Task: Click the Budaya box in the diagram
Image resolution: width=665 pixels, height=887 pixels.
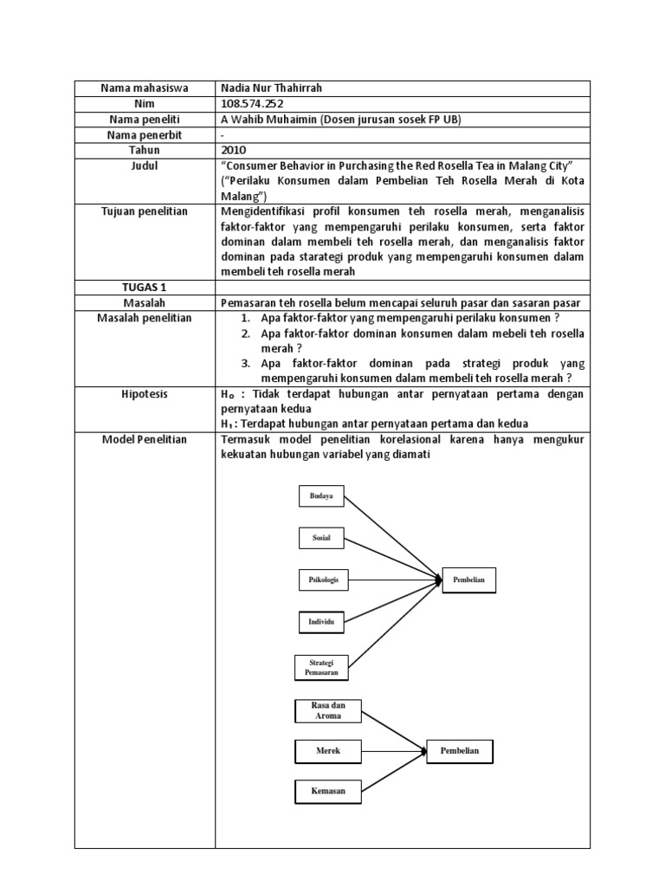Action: point(321,495)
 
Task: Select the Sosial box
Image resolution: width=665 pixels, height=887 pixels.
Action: point(321,538)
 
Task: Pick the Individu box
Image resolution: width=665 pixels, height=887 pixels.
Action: point(321,622)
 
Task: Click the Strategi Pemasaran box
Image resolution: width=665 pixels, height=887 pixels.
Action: point(321,667)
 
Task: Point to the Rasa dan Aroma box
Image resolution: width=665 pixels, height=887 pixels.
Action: point(327,711)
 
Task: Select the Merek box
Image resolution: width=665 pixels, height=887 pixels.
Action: point(327,751)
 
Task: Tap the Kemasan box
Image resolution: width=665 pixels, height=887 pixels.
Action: point(327,791)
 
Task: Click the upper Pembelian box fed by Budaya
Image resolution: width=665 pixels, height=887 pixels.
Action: point(469,580)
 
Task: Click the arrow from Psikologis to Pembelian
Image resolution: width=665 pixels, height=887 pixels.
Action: point(395,579)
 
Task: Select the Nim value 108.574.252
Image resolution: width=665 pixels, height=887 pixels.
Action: point(254,103)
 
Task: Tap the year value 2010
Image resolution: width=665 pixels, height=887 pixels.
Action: point(235,150)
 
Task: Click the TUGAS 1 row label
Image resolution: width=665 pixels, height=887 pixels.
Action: point(145,287)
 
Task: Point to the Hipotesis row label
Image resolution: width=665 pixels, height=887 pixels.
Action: point(145,394)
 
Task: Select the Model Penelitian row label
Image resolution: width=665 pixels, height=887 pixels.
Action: point(145,440)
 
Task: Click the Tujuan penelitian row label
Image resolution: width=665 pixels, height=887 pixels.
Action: point(145,211)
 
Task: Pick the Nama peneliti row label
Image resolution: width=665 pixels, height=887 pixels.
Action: point(145,119)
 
